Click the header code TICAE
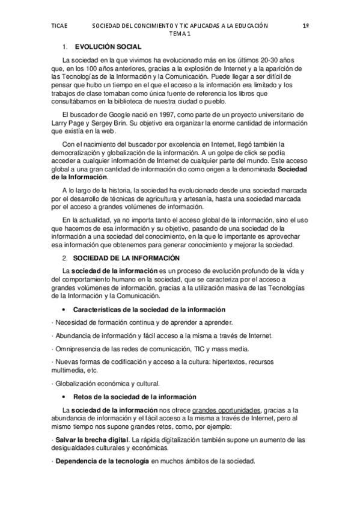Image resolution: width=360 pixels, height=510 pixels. [x=59, y=26]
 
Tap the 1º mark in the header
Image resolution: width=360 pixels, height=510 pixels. [x=305, y=26]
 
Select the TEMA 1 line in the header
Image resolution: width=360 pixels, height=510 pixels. [x=179, y=34]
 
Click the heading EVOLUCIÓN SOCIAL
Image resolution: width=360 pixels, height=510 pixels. [x=108, y=46]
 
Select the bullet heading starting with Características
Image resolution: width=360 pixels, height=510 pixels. [x=149, y=309]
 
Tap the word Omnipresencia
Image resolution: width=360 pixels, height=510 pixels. [x=75, y=349]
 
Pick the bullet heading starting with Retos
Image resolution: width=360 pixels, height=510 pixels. [x=135, y=397]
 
